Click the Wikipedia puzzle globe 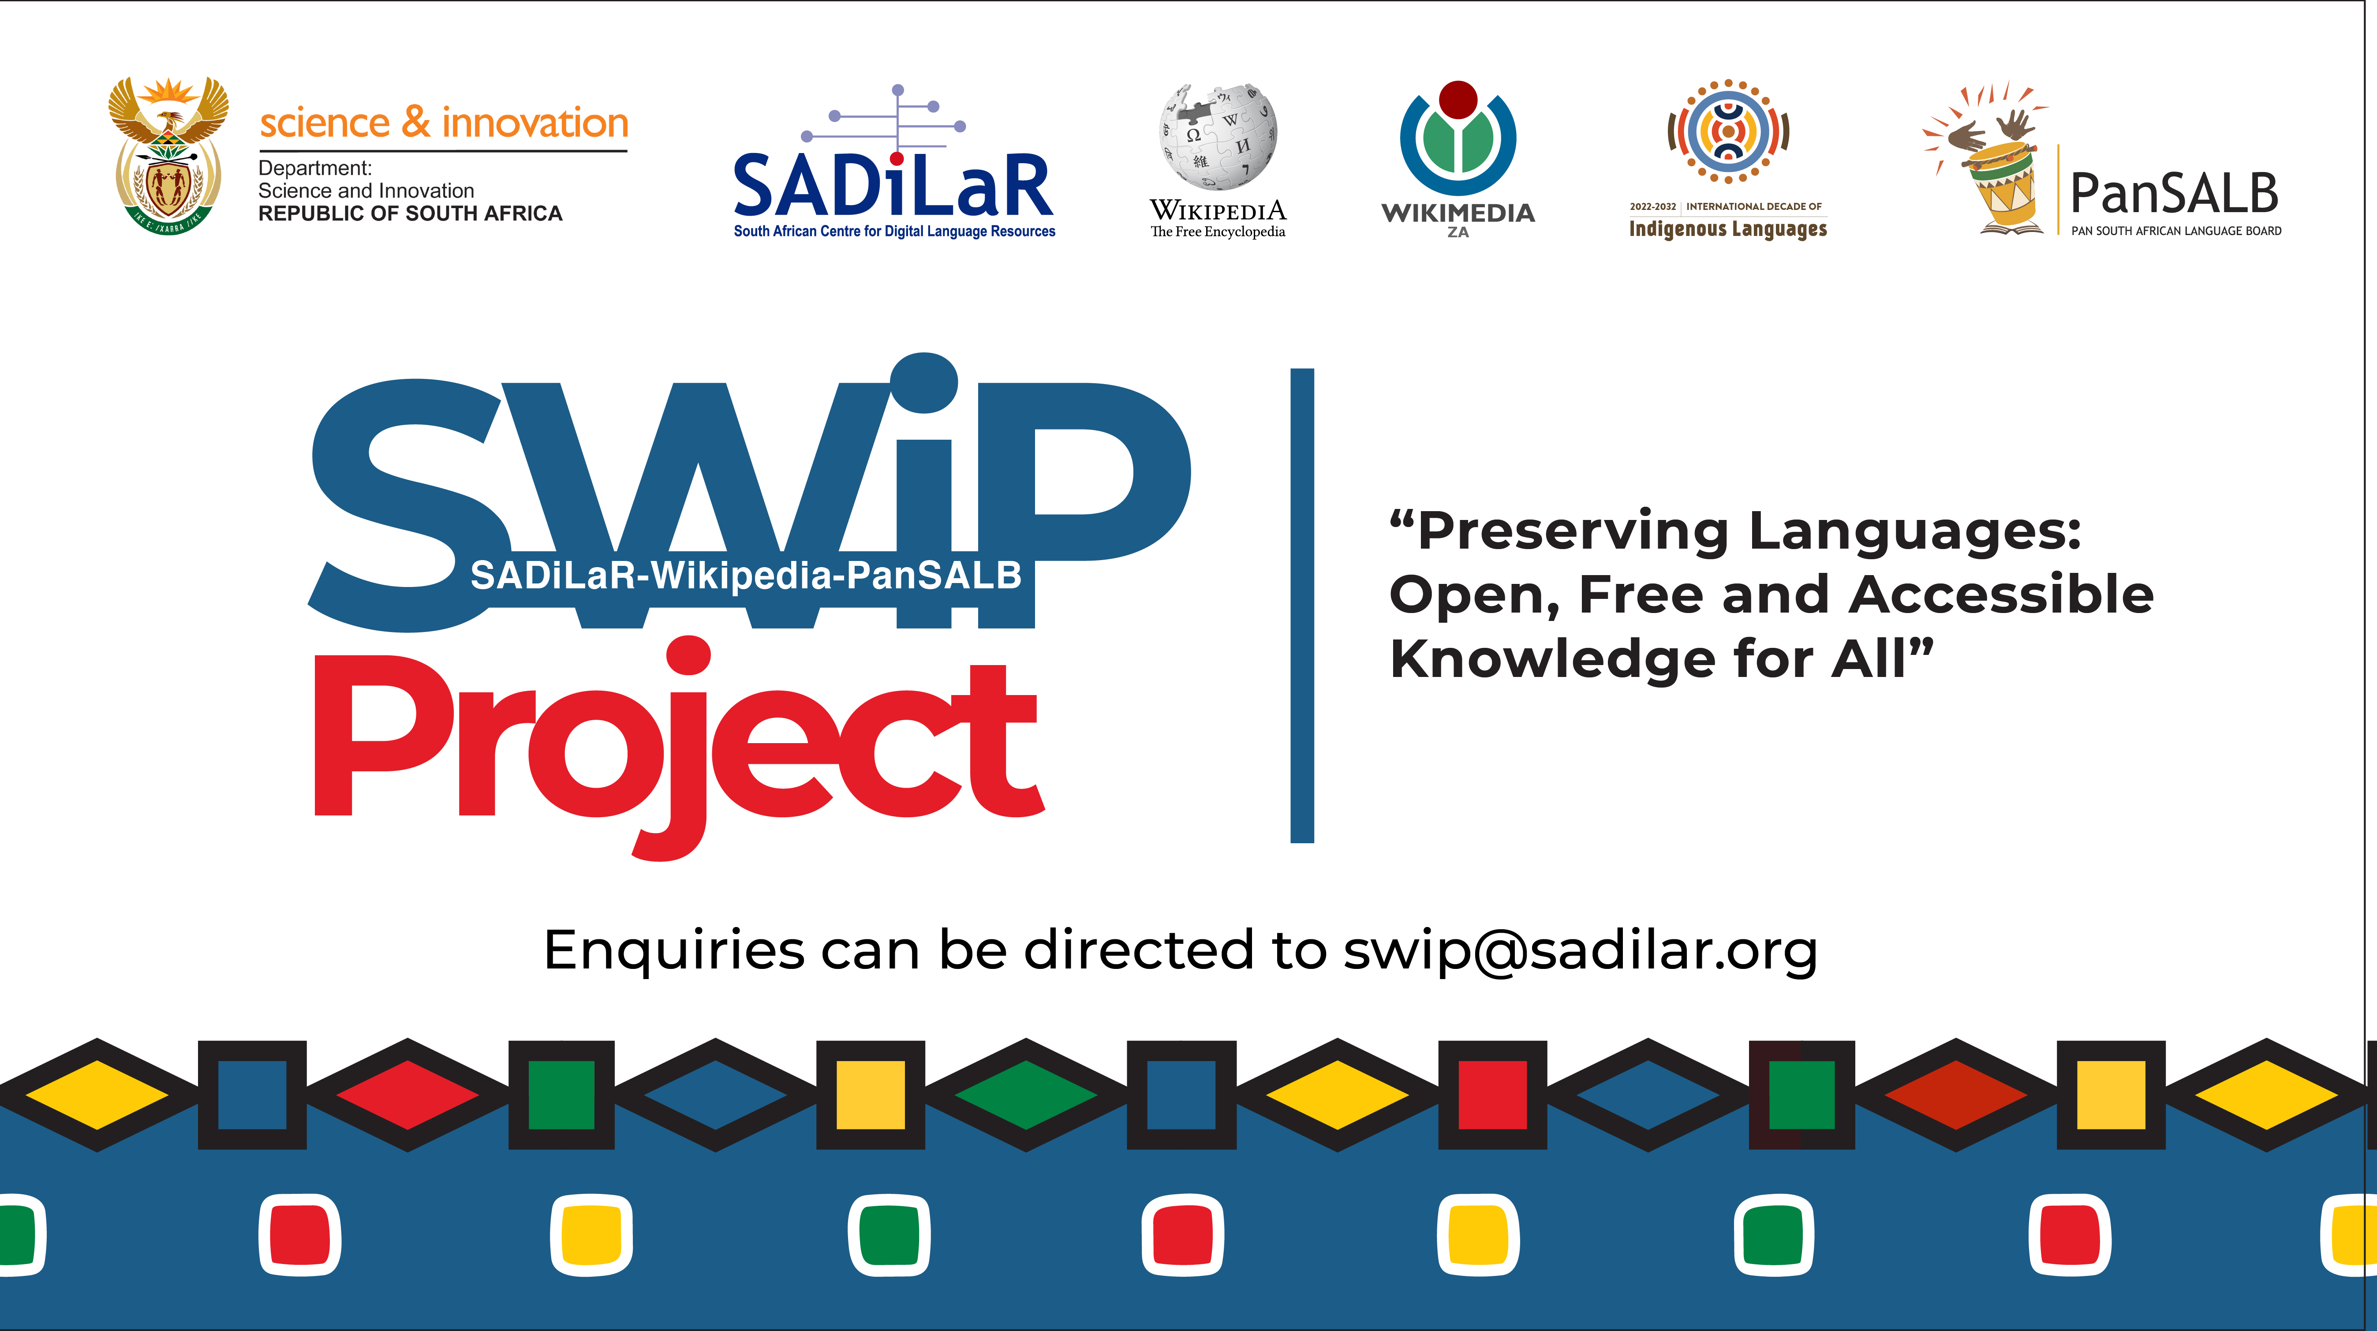[1218, 137]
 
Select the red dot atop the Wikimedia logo [1458, 99]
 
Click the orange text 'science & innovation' [444, 123]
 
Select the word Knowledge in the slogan [1552, 659]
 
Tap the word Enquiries [673, 951]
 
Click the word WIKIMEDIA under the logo [1458, 213]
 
